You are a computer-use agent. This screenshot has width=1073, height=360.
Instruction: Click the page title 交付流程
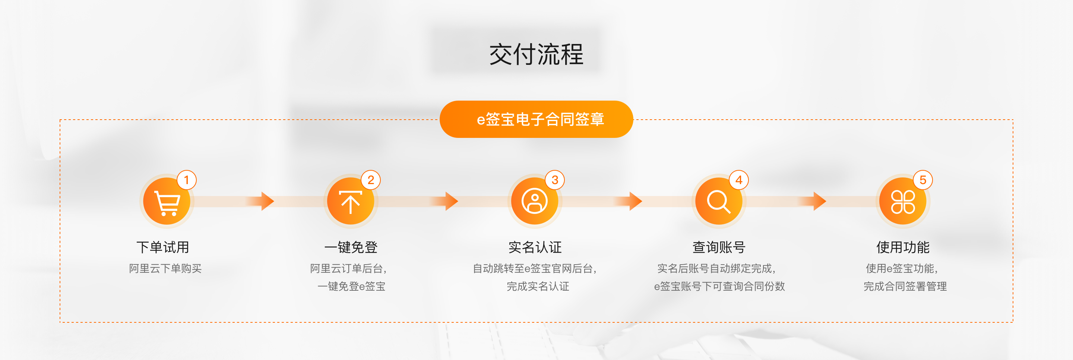click(x=536, y=54)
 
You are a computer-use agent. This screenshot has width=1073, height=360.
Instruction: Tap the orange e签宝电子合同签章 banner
click(x=536, y=119)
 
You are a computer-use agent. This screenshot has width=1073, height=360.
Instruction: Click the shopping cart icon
click(x=167, y=202)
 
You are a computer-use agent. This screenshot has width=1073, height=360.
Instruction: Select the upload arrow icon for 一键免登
click(x=350, y=202)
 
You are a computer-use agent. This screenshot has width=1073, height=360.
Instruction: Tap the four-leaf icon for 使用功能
click(x=903, y=202)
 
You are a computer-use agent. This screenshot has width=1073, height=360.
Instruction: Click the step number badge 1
click(x=187, y=180)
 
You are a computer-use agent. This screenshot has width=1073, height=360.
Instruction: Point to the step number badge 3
click(x=555, y=180)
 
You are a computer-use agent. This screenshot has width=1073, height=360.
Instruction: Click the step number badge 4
click(x=739, y=180)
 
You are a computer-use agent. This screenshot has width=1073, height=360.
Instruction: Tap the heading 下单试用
click(x=163, y=247)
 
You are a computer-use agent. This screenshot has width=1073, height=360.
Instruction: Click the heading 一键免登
click(x=351, y=247)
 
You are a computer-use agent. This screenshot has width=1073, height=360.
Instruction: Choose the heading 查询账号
click(x=719, y=247)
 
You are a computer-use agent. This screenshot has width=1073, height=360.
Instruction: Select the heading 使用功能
click(x=903, y=247)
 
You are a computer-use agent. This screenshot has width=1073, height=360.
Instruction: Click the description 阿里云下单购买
click(x=165, y=268)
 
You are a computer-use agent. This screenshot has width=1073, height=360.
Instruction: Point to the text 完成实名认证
click(x=538, y=286)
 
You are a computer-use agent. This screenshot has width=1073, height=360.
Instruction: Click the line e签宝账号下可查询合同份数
click(x=719, y=286)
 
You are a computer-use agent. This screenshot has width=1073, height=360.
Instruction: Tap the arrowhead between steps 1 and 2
click(x=268, y=201)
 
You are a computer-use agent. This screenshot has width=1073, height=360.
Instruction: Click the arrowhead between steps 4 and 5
click(x=820, y=201)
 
